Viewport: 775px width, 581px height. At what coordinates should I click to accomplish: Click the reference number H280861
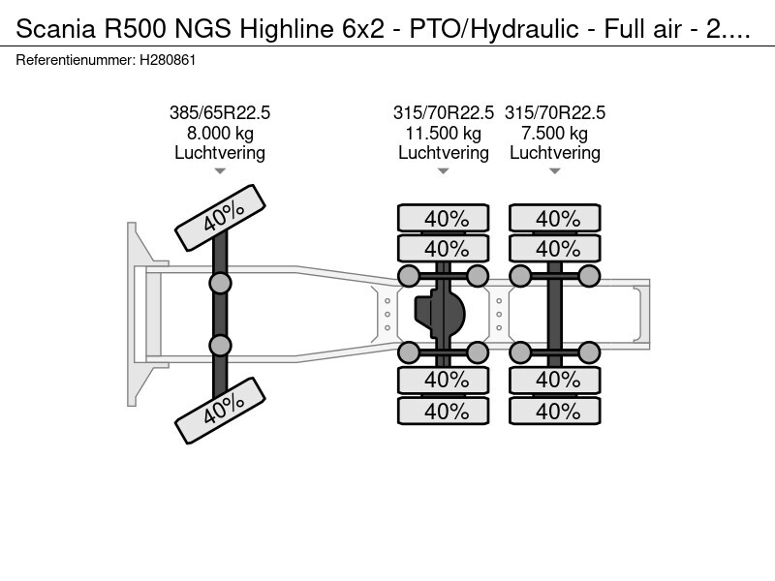click(168, 60)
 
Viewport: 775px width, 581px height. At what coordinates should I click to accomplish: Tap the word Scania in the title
click(56, 29)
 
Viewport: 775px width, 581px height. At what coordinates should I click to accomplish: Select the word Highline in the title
click(287, 29)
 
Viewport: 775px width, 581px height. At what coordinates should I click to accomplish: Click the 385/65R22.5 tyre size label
click(220, 113)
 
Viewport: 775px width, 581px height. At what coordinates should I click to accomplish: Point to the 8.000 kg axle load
click(220, 134)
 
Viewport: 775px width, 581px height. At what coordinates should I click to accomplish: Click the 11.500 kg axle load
click(444, 134)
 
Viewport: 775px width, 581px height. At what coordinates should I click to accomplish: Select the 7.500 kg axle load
click(554, 134)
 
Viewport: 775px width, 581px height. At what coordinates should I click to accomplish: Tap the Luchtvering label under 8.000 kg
click(220, 153)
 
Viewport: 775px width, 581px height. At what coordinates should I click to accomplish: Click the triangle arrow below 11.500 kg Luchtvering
click(444, 171)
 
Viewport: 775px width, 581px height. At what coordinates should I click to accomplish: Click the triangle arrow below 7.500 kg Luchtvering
click(554, 171)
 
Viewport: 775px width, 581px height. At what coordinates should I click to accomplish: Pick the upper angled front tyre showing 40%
click(221, 217)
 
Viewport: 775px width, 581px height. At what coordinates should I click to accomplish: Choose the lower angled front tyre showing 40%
click(221, 410)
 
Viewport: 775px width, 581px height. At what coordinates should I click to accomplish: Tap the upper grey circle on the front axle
click(220, 284)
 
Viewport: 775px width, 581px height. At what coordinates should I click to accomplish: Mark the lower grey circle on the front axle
click(220, 346)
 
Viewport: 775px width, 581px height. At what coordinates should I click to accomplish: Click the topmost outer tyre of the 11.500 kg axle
click(444, 218)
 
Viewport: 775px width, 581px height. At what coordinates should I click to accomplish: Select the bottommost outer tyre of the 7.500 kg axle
click(554, 411)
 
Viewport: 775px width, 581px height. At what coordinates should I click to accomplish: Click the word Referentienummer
click(76, 60)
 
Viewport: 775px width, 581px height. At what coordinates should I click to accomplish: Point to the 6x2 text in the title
click(363, 29)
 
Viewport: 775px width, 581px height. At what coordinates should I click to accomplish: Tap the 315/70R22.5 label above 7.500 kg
click(554, 113)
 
